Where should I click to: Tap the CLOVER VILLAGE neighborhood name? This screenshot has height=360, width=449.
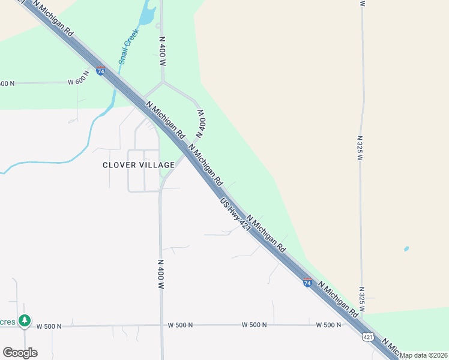[x=139, y=165]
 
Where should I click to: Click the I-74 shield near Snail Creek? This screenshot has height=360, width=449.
[x=100, y=71]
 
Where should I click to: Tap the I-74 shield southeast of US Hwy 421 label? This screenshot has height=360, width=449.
[x=307, y=283]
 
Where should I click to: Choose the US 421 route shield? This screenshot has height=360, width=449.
[x=367, y=337]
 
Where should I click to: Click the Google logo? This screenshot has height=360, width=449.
[x=20, y=353]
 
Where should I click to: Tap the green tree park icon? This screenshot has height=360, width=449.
[x=24, y=321]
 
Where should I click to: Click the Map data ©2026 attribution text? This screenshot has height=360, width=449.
[x=424, y=355]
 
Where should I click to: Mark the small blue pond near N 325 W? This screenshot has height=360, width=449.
[x=406, y=248]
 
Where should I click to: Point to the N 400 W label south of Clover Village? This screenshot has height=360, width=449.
[x=160, y=274]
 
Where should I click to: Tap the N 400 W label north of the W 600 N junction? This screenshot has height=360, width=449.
[x=162, y=50]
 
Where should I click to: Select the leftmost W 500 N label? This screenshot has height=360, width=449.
[x=49, y=326]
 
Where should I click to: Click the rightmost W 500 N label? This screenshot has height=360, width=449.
[x=328, y=325]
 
